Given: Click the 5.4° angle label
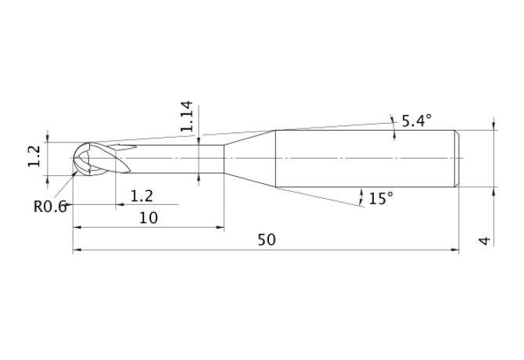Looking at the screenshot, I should [416, 121].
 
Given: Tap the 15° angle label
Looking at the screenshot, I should [380, 199].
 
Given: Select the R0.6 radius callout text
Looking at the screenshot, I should [50, 207].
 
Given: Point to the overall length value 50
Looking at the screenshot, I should [267, 239].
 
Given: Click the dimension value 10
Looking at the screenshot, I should [148, 218].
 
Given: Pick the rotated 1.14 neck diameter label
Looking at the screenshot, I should [186, 117].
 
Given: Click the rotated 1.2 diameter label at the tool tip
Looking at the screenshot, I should [34, 156].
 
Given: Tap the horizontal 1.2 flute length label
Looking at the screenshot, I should [142, 195].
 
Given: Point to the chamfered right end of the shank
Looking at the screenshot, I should [456, 158].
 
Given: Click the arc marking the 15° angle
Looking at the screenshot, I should [361, 196].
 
